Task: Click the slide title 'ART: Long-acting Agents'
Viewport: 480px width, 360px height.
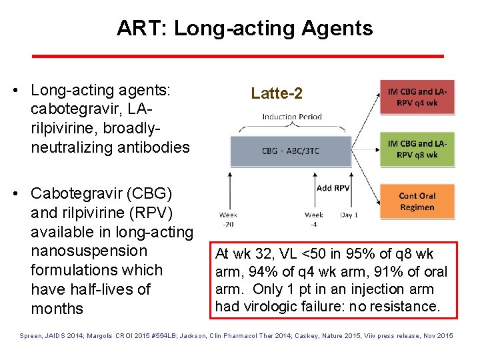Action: (245, 28)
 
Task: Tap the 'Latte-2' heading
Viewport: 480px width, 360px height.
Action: (277, 94)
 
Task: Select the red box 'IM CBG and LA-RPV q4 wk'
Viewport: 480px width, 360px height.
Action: (417, 95)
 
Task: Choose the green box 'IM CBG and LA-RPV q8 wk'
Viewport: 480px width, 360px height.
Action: (417, 149)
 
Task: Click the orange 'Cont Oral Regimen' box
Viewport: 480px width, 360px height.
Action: (417, 201)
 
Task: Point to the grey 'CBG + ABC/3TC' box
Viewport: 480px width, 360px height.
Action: (291, 151)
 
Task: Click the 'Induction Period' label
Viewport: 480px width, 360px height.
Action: (292, 117)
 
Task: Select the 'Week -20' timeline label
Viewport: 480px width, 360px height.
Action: (228, 219)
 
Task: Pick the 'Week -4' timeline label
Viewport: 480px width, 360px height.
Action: (314, 219)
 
